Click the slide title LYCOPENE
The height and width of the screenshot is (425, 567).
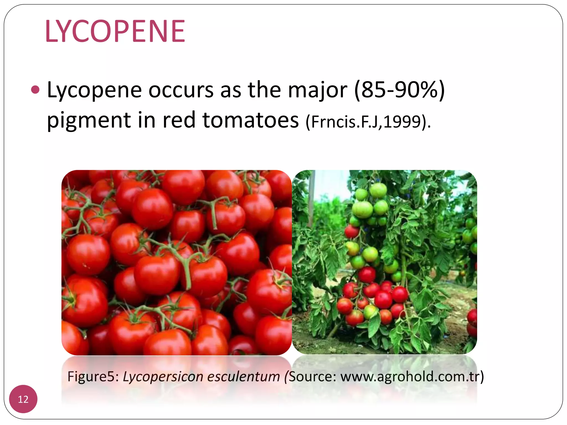[115, 31]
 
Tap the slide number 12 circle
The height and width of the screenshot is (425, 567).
[23, 399]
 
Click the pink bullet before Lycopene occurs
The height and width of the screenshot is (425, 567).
[35, 90]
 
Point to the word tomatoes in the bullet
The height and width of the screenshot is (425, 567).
[251, 120]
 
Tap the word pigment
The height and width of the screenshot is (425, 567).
[89, 121]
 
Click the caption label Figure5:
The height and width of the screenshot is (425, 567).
[93, 377]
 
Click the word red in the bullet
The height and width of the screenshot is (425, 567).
[179, 120]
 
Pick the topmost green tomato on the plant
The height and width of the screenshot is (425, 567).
[378, 190]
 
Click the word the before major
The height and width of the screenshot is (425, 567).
[264, 90]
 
